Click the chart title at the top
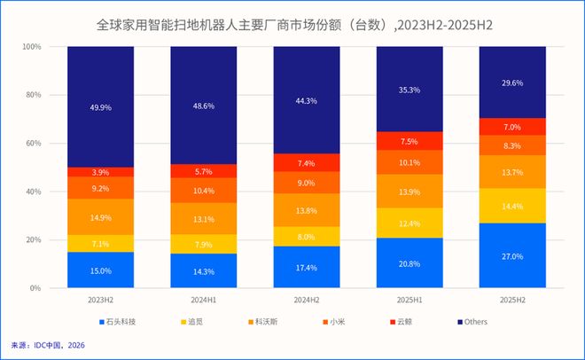point(293,25)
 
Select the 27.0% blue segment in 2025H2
point(512,255)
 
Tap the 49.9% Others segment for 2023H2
point(100,106)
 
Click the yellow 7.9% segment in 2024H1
point(203,244)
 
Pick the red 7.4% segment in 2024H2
point(306,162)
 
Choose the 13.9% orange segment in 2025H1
point(409,192)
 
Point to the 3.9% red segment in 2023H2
point(100,171)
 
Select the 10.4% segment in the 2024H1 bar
point(203,191)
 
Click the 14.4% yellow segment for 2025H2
point(512,206)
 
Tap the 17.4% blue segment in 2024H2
point(306,267)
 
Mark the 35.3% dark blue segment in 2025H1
point(409,89)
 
